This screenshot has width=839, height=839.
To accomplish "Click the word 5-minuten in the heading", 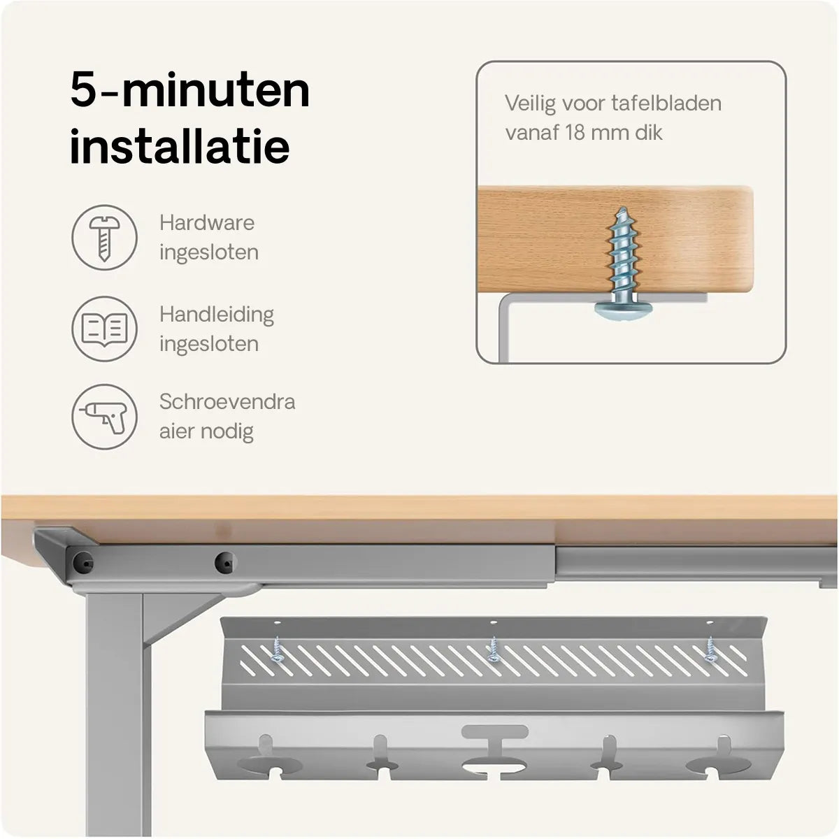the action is point(190,91).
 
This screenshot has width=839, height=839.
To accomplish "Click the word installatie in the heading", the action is point(180,146).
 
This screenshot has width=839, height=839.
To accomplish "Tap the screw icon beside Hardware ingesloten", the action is point(104,238).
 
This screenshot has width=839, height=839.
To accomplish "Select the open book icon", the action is point(104,329).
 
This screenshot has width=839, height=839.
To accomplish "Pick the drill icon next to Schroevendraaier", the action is point(104,417).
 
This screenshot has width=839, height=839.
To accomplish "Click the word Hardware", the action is point(207,223).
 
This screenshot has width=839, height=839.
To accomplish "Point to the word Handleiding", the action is point(217,315).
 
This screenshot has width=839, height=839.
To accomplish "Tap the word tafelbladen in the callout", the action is point(666,103).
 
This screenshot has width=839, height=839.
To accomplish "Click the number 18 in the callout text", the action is point(575,132).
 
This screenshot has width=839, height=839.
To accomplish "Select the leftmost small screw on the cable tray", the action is point(276,650).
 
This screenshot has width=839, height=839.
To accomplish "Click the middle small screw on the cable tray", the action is point(494,650).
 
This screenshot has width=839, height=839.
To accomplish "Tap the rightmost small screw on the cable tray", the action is point(710,650).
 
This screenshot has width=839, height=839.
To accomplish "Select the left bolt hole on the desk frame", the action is point(83,563).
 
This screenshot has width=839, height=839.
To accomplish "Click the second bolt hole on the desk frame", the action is point(226,563).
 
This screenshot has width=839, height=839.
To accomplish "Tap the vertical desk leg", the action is point(118,714).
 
